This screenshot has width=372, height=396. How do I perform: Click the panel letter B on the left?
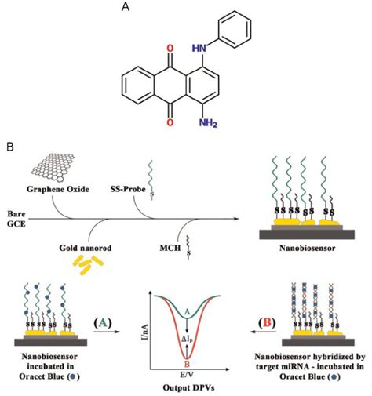click(x=9, y=147)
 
